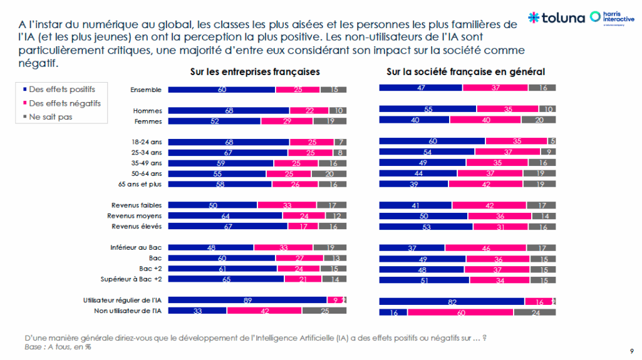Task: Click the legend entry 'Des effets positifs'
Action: click(57, 90)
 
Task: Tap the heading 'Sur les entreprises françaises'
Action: click(257, 72)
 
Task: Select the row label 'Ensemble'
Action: click(145, 90)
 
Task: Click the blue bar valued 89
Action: click(248, 300)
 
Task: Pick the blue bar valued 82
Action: click(452, 301)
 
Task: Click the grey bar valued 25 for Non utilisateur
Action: click(324, 310)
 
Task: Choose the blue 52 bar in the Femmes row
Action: click(214, 121)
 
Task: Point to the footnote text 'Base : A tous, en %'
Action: click(54, 347)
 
